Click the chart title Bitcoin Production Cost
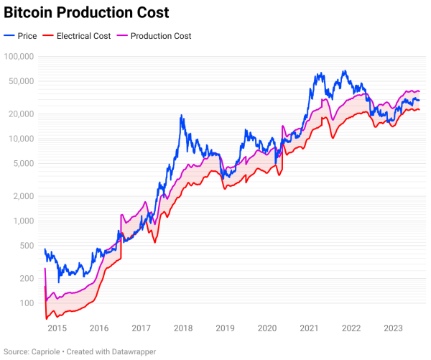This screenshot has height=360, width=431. point(87,13)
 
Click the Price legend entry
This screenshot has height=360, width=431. point(21,36)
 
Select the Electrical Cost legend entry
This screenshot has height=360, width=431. point(77,36)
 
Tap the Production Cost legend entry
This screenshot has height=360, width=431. point(155,36)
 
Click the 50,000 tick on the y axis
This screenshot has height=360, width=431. point(22,81)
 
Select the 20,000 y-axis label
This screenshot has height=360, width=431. point(22,114)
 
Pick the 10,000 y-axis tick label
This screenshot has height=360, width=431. point(22,138)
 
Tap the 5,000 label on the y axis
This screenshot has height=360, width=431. point(24,163)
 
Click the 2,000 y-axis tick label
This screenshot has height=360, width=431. point(24,195)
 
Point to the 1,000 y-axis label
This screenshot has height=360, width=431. point(24,221)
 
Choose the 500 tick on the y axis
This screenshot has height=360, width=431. point(28,246)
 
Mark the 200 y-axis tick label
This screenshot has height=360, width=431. point(28,278)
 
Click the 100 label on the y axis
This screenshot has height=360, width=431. point(28,303)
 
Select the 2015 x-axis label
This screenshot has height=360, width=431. point(57,328)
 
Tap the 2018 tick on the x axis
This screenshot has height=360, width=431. point(183,328)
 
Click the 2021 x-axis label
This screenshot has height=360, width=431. point(309,328)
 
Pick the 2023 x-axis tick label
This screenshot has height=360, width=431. point(393,328)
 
